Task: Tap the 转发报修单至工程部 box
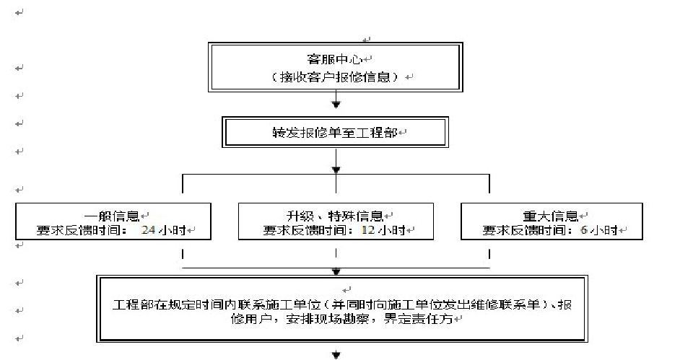pyautogui.click(x=335, y=133)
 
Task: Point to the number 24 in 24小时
pyautogui.click(x=149, y=231)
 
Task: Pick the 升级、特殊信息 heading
pyautogui.click(x=336, y=216)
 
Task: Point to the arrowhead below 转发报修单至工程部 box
pyautogui.click(x=336, y=170)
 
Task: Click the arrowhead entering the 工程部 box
pyautogui.click(x=336, y=272)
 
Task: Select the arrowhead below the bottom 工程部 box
pyautogui.click(x=336, y=355)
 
